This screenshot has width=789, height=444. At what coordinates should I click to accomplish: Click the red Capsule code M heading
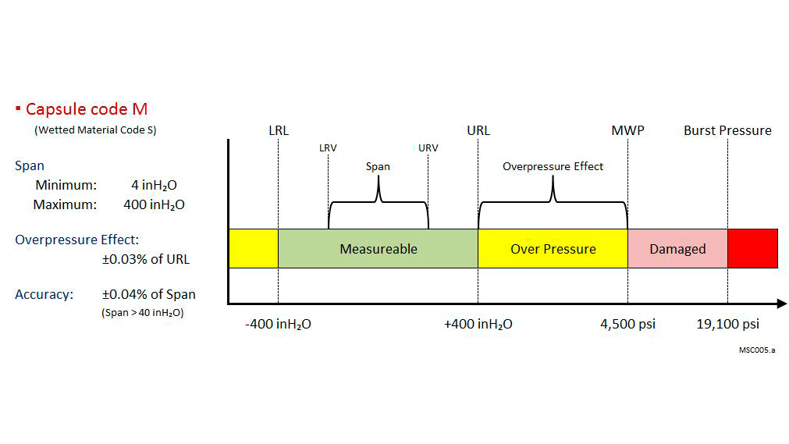pos(87,108)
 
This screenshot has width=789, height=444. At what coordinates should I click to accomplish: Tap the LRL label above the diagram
pos(279,130)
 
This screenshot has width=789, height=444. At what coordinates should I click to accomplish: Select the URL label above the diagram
pos(478,130)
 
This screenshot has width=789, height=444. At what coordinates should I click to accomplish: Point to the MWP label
pos(627,130)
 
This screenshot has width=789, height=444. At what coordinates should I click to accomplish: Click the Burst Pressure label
pos(727,130)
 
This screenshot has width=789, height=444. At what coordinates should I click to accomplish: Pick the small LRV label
pos(328,148)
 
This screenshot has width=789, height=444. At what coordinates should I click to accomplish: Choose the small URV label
pos(428,148)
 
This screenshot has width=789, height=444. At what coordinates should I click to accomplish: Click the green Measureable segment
pos(378,249)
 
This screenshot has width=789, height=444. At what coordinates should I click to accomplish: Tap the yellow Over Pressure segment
pos(553,249)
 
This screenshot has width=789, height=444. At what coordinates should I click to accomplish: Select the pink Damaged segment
pos(678,249)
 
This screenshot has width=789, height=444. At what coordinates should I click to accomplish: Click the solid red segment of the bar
pos(753,249)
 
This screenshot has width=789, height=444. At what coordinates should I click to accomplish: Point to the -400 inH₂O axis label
pos(278,324)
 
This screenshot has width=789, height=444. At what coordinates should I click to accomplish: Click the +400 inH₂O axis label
pos(478,324)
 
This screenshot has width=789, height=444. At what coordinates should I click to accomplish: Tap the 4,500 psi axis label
pos(628,324)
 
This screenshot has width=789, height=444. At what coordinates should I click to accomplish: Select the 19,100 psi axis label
pos(727,324)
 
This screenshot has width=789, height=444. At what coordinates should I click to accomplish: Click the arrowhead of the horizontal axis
pos(783,304)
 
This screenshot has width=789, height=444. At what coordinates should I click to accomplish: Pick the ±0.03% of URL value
pos(146,259)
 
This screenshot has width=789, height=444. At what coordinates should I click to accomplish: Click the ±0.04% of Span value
pos(149,294)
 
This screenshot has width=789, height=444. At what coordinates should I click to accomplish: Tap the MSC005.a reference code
pos(757,350)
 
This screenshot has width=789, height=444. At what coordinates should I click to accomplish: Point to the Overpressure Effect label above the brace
pos(553,167)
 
